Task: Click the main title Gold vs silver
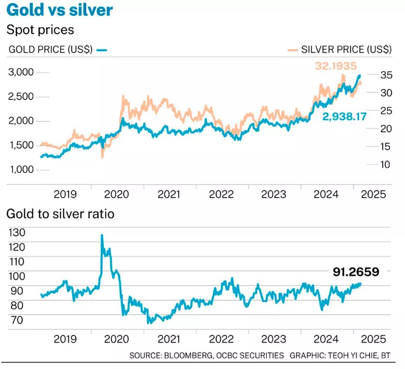(59, 10)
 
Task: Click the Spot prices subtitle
(40, 29)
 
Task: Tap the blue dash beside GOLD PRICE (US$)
(103, 49)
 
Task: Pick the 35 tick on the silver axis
(383, 75)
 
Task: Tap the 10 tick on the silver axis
(383, 164)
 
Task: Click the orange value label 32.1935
(336, 66)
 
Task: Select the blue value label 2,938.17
(345, 117)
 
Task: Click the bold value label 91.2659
(356, 272)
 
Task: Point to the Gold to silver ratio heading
(60, 214)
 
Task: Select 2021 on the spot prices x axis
(169, 194)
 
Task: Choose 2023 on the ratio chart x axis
(274, 339)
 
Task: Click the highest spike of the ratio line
(102, 235)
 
